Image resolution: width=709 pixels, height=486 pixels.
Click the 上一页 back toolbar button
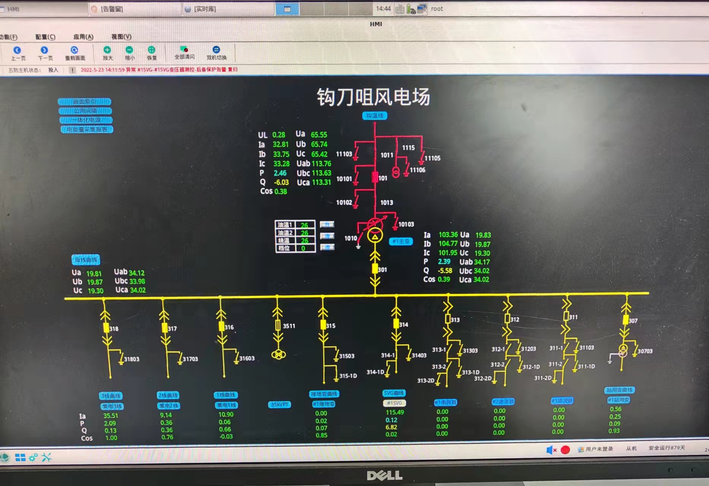pyautogui.click(x=17, y=53)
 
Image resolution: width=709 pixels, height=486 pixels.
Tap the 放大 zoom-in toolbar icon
pyautogui.click(x=108, y=53)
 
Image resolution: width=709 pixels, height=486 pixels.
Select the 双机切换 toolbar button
pyautogui.click(x=216, y=53)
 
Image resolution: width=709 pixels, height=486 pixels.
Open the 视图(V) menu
pyautogui.click(x=121, y=37)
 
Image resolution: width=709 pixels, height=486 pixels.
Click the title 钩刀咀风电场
pyautogui.click(x=373, y=97)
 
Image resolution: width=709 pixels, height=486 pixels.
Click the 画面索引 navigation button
pyautogui.click(x=85, y=102)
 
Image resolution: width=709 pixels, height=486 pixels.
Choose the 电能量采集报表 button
pyautogui.click(x=87, y=130)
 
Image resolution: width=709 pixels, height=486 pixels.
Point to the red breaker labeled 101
pyautogui.click(x=375, y=177)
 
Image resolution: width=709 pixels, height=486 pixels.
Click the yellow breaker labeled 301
pyautogui.click(x=375, y=269)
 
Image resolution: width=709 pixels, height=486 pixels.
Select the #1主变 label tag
pyautogui.click(x=401, y=241)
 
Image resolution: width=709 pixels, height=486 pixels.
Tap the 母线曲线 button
pyautogui.click(x=86, y=260)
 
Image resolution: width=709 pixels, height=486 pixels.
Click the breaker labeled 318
pyautogui.click(x=106, y=328)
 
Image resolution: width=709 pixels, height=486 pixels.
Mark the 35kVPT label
pyautogui.click(x=279, y=405)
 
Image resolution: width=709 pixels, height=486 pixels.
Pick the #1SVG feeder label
pyautogui.click(x=394, y=403)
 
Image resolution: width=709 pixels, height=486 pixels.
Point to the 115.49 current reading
pyautogui.click(x=395, y=412)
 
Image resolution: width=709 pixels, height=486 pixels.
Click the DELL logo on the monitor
pyautogui.click(x=385, y=475)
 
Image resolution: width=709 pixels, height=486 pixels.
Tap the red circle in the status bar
pyautogui.click(x=565, y=450)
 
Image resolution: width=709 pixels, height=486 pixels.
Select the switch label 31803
pyautogui.click(x=131, y=359)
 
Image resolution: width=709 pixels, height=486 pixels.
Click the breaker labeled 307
pyautogui.click(x=625, y=320)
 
